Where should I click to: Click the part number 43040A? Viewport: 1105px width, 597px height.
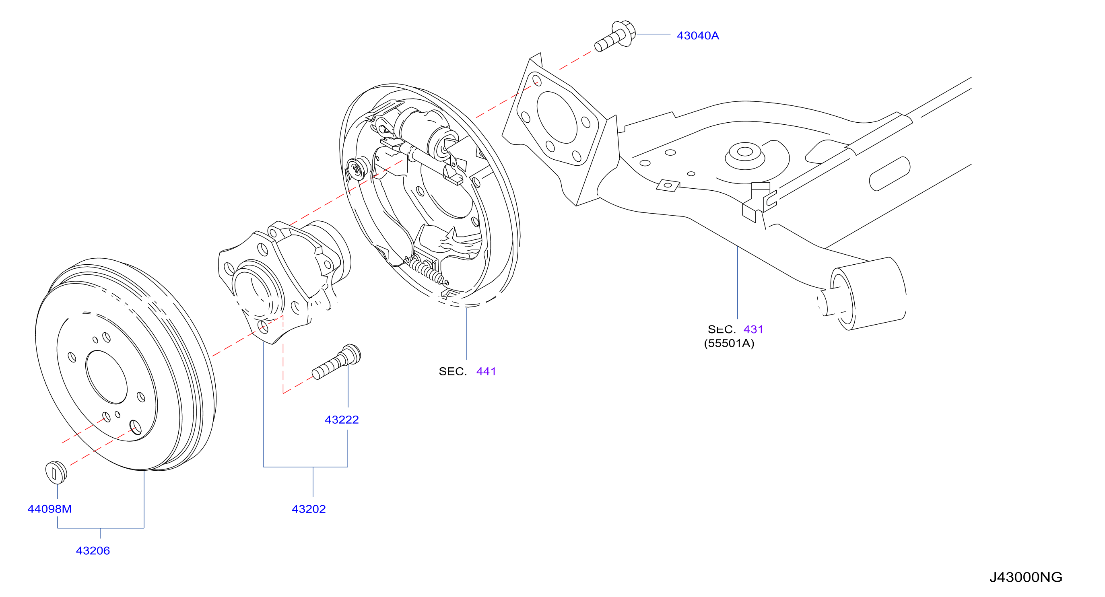click(697, 35)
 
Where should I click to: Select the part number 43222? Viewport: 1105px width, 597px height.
click(342, 420)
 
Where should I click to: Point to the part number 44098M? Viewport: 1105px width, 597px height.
click(49, 509)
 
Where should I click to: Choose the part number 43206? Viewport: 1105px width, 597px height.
click(93, 551)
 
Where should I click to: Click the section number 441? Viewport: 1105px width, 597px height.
click(486, 371)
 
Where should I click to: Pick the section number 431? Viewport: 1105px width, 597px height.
click(753, 329)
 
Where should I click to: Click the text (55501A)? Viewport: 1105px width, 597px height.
click(729, 344)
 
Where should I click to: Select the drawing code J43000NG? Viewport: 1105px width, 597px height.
click(1026, 577)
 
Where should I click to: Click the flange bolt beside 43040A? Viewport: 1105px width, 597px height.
click(615, 36)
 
